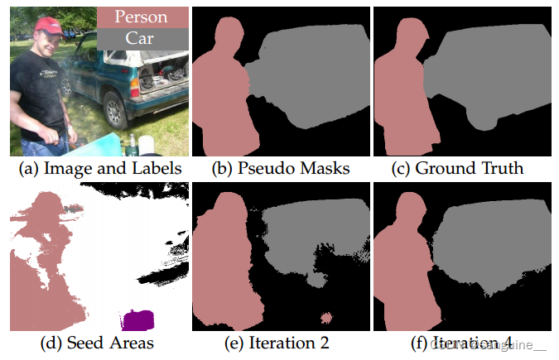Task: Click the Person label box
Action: (x=141, y=17)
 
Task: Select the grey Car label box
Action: (x=141, y=38)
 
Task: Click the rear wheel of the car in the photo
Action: (x=113, y=112)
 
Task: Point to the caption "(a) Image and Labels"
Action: (x=99, y=169)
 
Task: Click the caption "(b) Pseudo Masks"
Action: (x=281, y=169)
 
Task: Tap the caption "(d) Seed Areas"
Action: (x=99, y=342)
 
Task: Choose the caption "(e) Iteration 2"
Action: (x=281, y=342)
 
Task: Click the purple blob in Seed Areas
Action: (x=138, y=319)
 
